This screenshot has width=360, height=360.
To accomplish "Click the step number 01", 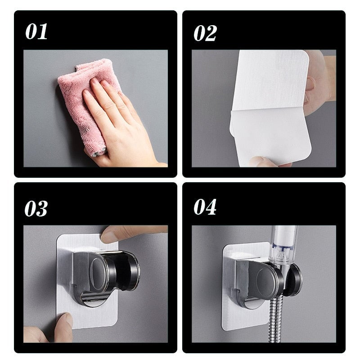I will pos(36,32).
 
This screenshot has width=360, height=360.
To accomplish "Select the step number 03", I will pos(36,208).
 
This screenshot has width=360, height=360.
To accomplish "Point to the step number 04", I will pos(205,207).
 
